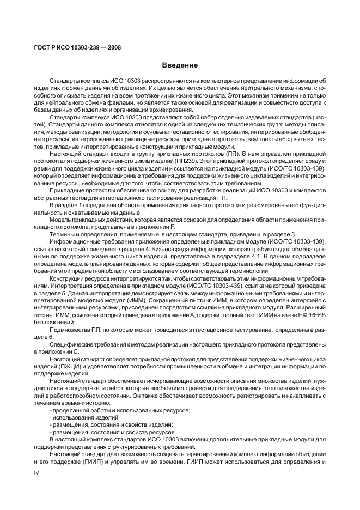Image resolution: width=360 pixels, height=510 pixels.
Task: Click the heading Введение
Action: point(179,65)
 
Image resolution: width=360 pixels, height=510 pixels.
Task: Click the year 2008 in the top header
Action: point(114,47)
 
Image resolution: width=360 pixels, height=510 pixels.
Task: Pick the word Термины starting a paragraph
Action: point(63,233)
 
